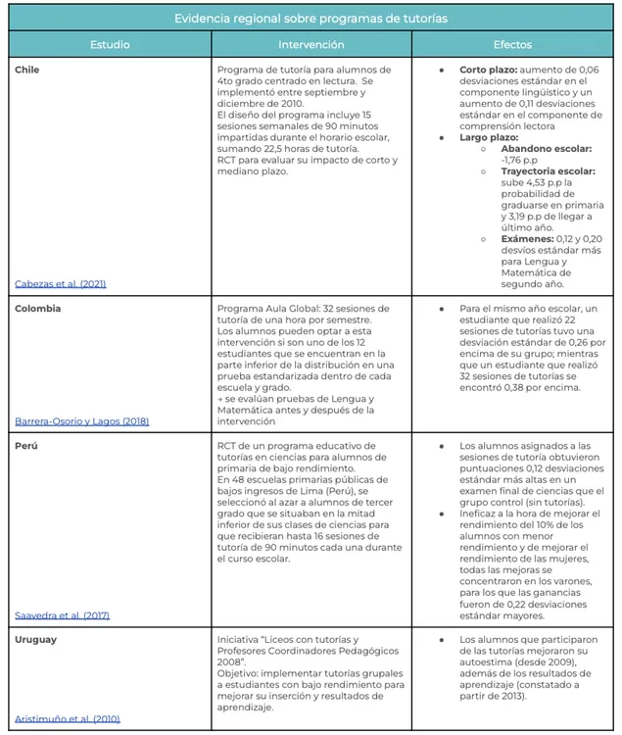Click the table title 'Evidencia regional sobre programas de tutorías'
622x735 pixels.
pyautogui.click(x=311, y=19)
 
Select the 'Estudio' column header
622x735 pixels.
pyautogui.click(x=110, y=45)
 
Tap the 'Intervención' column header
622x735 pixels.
pyautogui.click(x=311, y=45)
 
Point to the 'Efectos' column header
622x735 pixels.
pyautogui.click(x=512, y=45)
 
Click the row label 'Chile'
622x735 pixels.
pyautogui.click(x=27, y=71)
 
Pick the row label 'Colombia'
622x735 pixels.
pyautogui.click(x=38, y=308)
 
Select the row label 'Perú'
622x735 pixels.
pyautogui.click(x=26, y=445)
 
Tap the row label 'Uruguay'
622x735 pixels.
pyautogui.click(x=36, y=639)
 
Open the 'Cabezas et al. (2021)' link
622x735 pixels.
pyautogui.click(x=61, y=284)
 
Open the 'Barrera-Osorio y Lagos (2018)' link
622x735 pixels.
pyautogui.click(x=81, y=421)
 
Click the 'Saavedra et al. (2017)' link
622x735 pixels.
pyautogui.click(x=63, y=615)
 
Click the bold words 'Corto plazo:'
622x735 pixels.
pyautogui.click(x=488, y=71)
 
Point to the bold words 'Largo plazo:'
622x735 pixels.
pyautogui.click(x=488, y=137)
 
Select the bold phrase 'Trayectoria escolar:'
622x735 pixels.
pyautogui.click(x=542, y=170)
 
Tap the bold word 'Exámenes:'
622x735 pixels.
pyautogui.click(x=526, y=238)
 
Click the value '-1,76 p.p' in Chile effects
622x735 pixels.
pyautogui.click(x=519, y=159)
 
